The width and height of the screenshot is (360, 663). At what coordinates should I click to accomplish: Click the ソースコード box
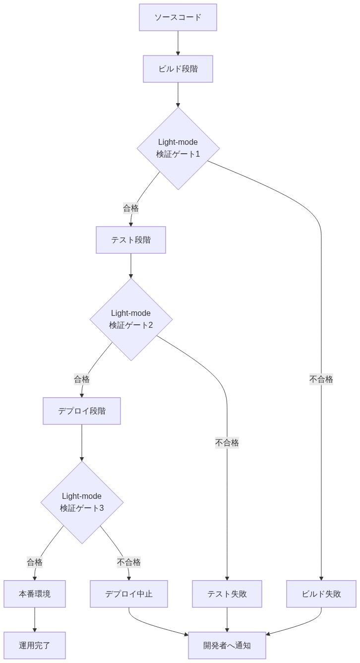178,17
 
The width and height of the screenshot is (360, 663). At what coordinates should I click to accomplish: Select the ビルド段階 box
178,69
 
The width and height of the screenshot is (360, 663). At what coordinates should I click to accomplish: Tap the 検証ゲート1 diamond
178,148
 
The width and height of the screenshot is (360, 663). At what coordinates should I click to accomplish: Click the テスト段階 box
131,240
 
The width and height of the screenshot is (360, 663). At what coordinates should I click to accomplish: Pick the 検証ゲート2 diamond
131,319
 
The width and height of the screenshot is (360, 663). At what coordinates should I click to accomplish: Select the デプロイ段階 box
82,411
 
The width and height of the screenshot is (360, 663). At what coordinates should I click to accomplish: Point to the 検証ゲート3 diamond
82,502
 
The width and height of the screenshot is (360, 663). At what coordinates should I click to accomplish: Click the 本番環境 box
35,594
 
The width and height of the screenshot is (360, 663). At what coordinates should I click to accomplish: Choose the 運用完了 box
35,646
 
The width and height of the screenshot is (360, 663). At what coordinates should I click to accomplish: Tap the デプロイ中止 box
129,594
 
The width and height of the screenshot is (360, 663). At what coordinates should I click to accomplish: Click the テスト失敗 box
227,594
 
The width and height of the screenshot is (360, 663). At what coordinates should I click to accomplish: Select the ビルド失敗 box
321,594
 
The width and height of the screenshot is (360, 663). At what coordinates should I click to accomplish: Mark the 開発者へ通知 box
227,646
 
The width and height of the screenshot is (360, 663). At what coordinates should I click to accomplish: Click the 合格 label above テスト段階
131,208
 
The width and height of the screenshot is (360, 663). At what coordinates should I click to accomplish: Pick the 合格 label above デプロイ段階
82,379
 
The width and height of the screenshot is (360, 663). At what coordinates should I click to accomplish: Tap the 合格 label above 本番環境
35,562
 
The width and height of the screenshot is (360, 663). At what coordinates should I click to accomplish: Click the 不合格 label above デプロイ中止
129,562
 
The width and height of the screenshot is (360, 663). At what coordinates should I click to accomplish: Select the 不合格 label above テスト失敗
227,443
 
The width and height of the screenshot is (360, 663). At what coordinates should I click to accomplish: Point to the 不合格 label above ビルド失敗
321,379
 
